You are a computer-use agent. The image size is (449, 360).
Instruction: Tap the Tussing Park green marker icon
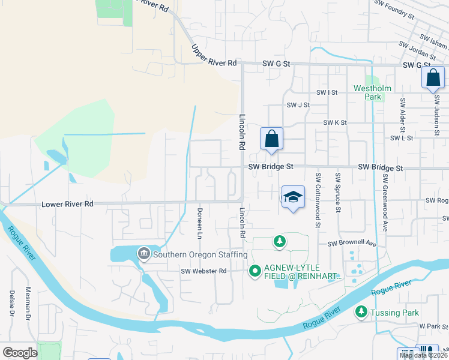(x=361, y=312)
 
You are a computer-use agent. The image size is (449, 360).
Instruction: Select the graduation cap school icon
(x=292, y=197)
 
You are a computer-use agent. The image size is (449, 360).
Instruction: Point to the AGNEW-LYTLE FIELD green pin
(x=255, y=271)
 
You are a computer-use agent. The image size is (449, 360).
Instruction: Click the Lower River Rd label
(x=67, y=204)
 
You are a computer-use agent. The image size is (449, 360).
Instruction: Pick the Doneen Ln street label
(x=199, y=223)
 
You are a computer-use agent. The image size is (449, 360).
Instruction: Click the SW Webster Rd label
(x=203, y=271)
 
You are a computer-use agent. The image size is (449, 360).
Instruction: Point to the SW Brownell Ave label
(x=351, y=244)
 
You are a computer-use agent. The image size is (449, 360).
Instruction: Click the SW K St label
(x=335, y=122)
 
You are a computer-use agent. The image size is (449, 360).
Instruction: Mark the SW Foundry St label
(x=394, y=8)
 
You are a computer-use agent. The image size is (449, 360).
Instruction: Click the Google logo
(x=20, y=352)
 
